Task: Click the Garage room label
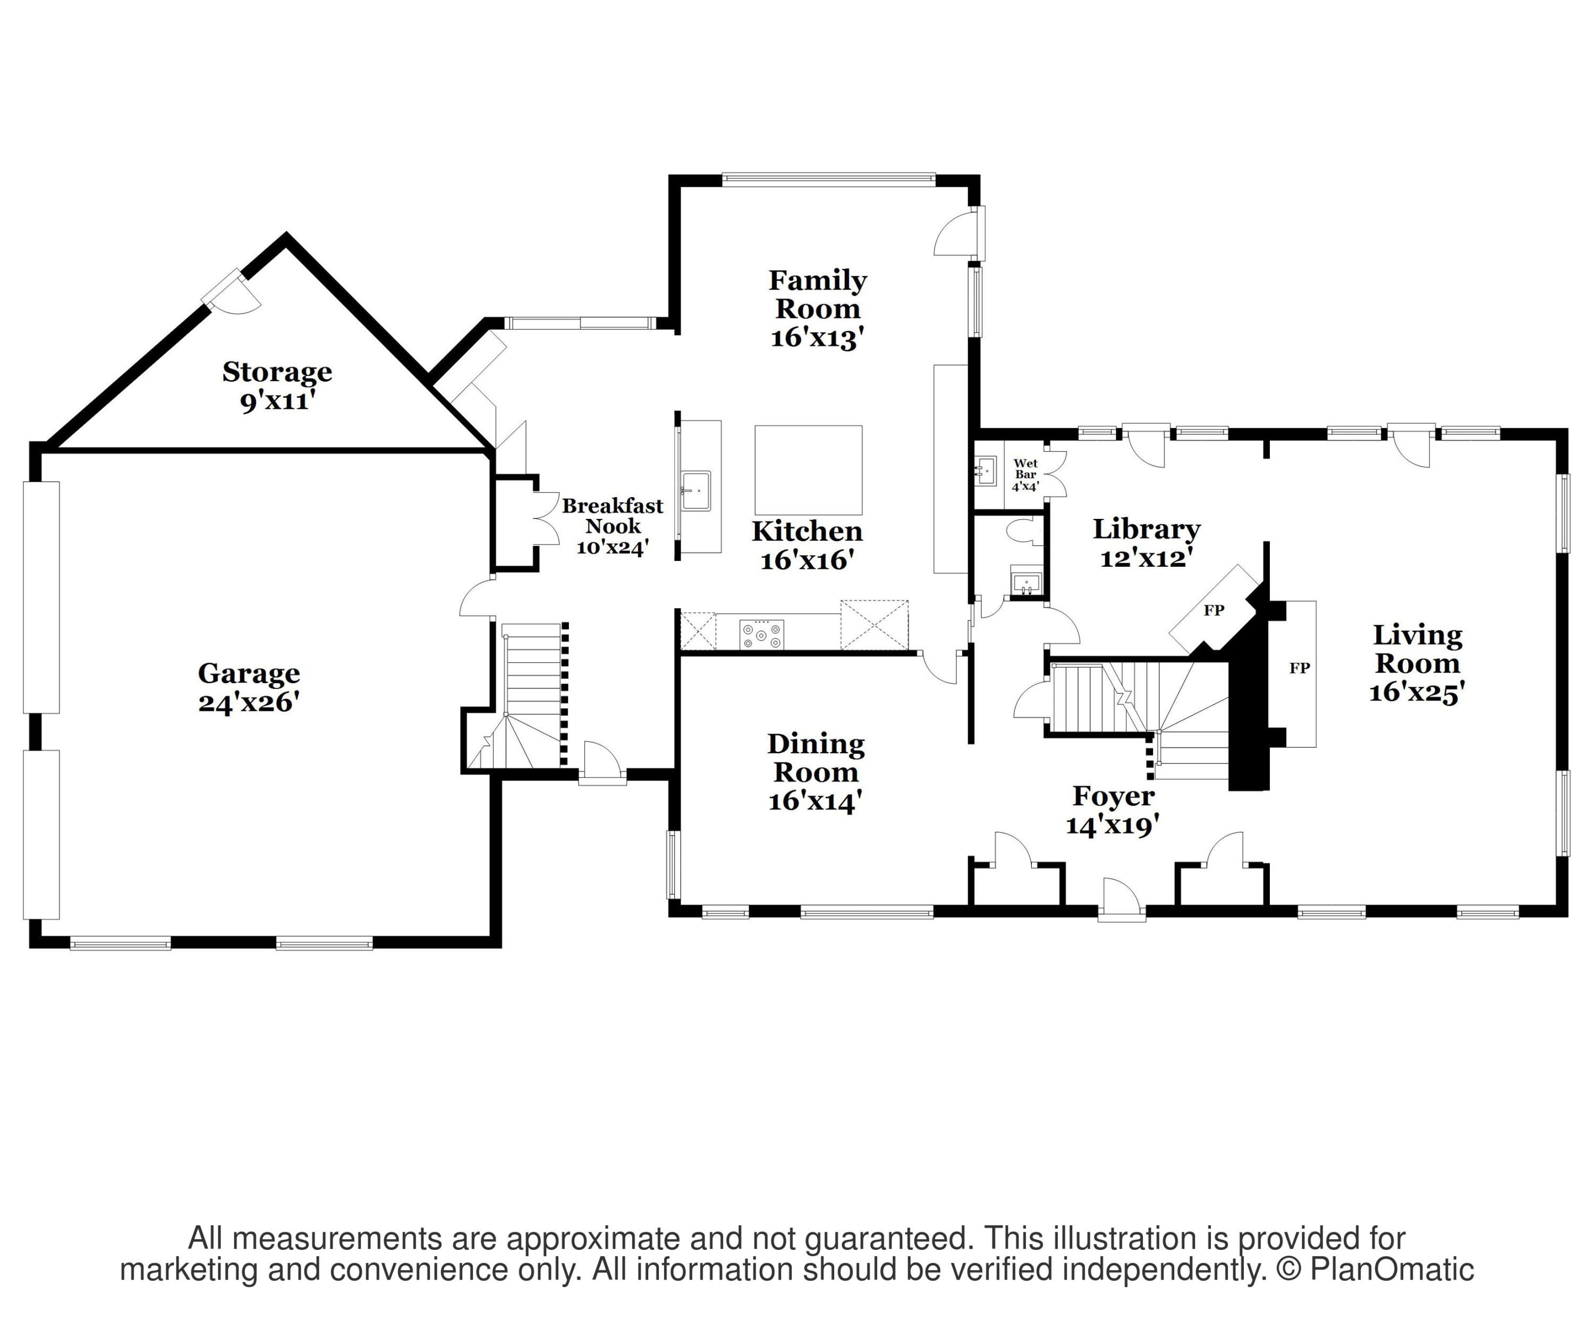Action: click(249, 687)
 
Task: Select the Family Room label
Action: click(818, 308)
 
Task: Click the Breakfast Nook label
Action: click(613, 526)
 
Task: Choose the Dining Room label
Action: click(816, 771)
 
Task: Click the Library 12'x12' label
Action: click(1146, 542)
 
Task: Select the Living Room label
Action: click(1417, 663)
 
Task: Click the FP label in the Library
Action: click(1214, 610)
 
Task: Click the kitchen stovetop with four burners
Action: click(761, 634)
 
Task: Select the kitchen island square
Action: click(808, 470)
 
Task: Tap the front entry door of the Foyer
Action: click(1122, 900)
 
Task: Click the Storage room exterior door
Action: click(232, 292)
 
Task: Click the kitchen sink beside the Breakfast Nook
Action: click(696, 489)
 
